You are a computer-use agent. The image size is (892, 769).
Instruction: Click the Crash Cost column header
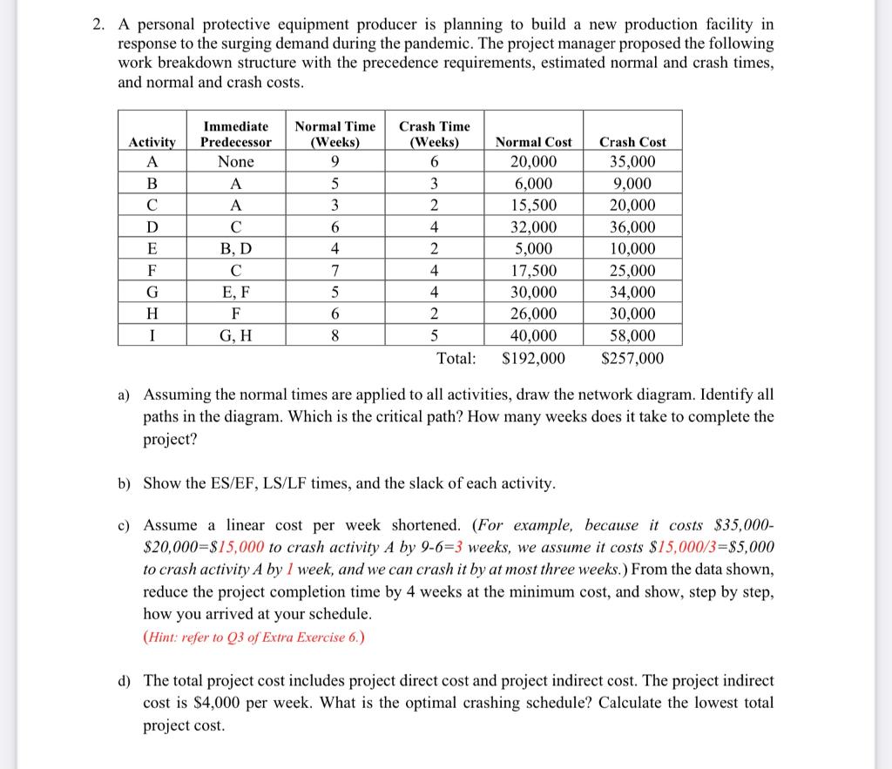[x=632, y=142]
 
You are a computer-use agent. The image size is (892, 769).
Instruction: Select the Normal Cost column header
[x=533, y=142]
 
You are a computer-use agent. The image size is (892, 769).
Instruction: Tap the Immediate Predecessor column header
[x=235, y=134]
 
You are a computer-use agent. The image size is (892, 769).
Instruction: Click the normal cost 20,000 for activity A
[x=533, y=162]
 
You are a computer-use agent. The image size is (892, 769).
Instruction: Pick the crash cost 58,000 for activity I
[x=632, y=335]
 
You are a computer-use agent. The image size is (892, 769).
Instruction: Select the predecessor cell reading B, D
[x=235, y=249]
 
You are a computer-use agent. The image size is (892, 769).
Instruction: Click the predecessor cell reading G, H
[x=235, y=335]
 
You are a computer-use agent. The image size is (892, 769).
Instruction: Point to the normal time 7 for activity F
[x=334, y=271]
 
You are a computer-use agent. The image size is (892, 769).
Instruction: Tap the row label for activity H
[x=152, y=314]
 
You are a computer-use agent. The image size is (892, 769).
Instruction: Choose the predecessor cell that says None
[x=235, y=162]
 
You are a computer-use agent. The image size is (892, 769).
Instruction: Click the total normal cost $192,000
[x=534, y=358]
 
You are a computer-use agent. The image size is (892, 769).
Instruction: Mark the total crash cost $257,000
[x=632, y=358]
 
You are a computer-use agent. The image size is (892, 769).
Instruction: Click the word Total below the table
[x=456, y=358]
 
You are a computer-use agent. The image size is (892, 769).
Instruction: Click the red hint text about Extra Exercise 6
[x=253, y=636]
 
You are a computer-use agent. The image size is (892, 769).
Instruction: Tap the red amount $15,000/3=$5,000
[x=713, y=548]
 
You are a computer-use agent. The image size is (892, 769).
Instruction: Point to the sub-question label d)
[x=125, y=680]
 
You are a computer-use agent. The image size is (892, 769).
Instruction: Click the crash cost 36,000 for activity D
[x=632, y=227]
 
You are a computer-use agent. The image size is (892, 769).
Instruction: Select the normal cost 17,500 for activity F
[x=533, y=271]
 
